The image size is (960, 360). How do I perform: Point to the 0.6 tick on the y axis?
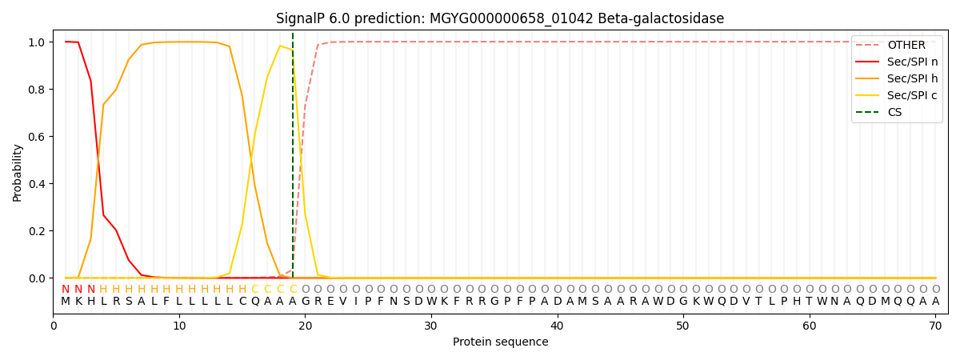37,137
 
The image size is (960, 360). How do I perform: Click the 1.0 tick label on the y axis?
37,42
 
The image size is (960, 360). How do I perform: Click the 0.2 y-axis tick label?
37,231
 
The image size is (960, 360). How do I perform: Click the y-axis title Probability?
18,172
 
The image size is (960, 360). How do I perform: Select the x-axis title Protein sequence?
500,342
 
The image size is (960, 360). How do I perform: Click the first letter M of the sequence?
66,302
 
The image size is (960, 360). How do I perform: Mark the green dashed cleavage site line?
293,160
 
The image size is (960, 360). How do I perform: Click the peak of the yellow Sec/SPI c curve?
280,46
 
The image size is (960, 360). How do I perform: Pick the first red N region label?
66,289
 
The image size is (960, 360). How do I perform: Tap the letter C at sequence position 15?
242,302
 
